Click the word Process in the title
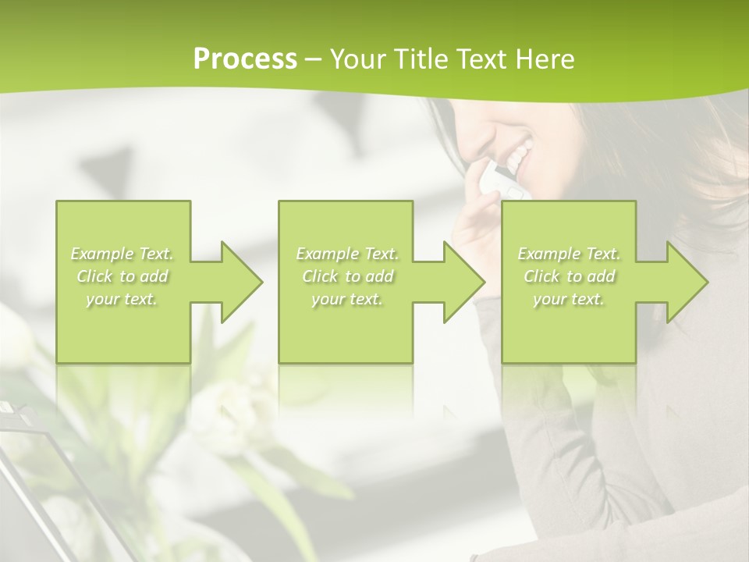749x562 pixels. pyautogui.click(x=245, y=59)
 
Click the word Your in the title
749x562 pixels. pyautogui.click(x=358, y=59)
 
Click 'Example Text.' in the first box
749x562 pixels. pyautogui.click(x=122, y=254)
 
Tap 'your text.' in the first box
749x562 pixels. pyautogui.click(x=122, y=299)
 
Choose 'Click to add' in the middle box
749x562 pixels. pyautogui.click(x=347, y=276)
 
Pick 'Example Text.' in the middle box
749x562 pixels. pyautogui.click(x=347, y=254)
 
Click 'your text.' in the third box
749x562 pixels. pyautogui.click(x=569, y=299)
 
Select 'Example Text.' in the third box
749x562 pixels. pyautogui.click(x=569, y=254)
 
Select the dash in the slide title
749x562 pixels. pyautogui.click(x=313, y=59)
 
